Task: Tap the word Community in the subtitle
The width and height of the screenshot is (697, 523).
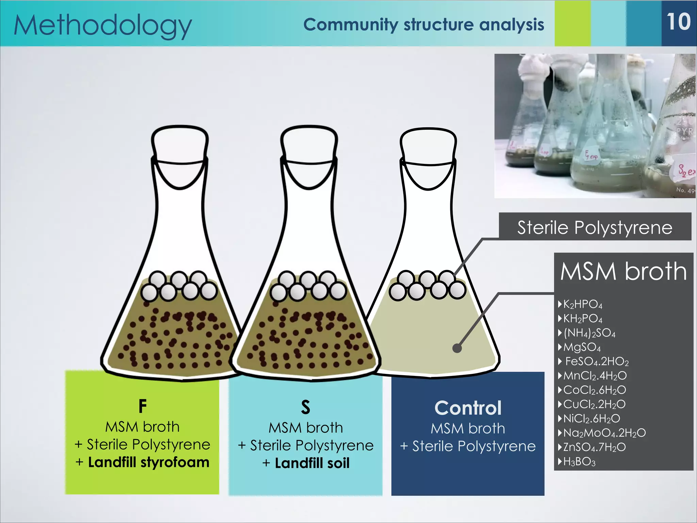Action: (x=351, y=25)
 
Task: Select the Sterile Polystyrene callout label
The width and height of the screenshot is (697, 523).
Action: (x=595, y=227)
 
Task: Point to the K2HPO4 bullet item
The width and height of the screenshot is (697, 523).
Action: (x=583, y=304)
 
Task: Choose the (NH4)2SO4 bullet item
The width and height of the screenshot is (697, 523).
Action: (x=589, y=333)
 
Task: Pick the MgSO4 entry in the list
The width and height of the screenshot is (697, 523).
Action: (x=582, y=347)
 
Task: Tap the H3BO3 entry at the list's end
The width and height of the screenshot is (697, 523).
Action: (x=579, y=461)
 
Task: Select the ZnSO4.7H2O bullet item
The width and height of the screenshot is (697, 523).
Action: (x=594, y=447)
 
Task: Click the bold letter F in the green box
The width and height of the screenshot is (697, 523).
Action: (x=143, y=406)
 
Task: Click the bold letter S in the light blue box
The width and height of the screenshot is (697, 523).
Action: (x=306, y=407)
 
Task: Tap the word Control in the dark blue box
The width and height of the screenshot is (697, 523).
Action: (x=468, y=408)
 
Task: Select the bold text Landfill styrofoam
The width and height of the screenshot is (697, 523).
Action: (x=148, y=462)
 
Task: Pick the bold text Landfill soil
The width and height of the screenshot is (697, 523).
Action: (x=312, y=463)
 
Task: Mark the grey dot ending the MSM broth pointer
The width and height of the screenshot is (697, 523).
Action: (x=457, y=348)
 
